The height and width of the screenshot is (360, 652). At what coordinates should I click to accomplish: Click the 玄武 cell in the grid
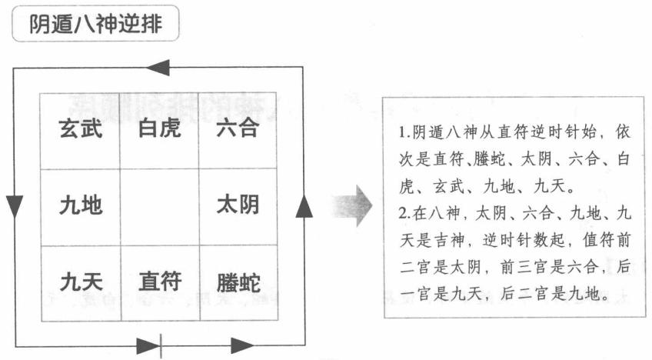coord(80,129)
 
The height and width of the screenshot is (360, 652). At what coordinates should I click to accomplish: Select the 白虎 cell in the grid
coord(159,129)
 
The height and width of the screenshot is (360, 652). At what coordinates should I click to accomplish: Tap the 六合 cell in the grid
coord(237,129)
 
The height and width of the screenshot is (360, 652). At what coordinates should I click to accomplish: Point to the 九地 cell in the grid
coord(80,205)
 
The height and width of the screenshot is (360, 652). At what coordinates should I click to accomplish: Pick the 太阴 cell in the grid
coord(237,205)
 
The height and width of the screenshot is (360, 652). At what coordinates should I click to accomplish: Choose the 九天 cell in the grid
coord(80,282)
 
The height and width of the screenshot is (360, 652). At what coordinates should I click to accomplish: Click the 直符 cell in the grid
coord(159,282)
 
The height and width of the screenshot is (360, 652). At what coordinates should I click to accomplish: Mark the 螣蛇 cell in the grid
coord(237,282)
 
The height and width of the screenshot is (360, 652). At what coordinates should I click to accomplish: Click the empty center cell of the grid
coord(159,205)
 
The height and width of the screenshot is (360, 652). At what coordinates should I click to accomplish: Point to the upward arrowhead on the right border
coord(304,205)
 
